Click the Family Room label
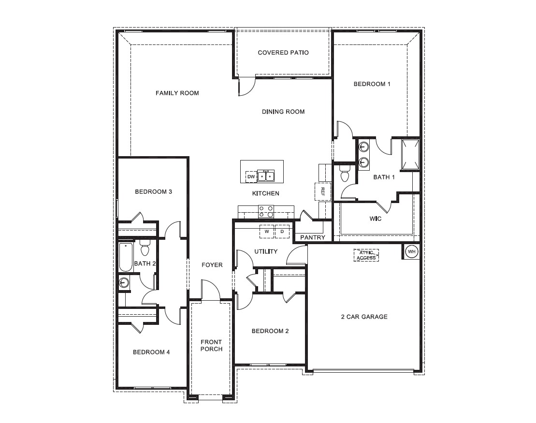point(177,93)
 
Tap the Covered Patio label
point(283,52)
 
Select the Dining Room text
point(283,112)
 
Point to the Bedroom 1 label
point(372,84)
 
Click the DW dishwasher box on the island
point(251,177)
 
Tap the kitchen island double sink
point(265,175)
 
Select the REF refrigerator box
point(322,191)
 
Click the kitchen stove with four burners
point(266,211)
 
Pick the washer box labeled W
point(266,232)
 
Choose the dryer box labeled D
point(282,232)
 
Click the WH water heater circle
point(411,251)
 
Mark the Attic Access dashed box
point(366,255)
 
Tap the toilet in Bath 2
point(145,248)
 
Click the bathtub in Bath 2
point(124,257)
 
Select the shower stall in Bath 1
point(411,154)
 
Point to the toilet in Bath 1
point(345,174)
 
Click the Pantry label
point(313,237)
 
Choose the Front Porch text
point(211,346)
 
